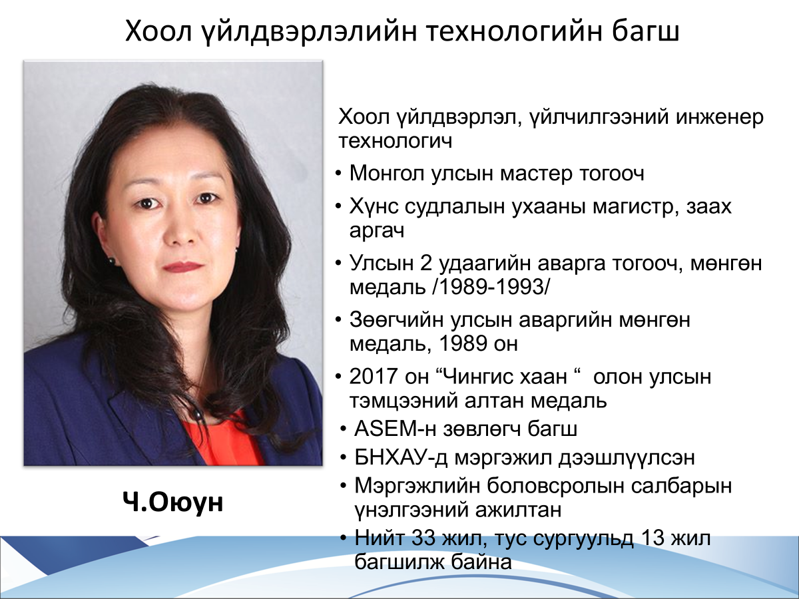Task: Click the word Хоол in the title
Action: (158, 32)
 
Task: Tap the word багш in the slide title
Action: (645, 32)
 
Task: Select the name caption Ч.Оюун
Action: (172, 502)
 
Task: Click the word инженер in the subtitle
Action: (720, 117)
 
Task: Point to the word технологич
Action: (396, 142)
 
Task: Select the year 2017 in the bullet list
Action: (373, 376)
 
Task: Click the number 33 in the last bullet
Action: (423, 538)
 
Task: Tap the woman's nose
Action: (181, 231)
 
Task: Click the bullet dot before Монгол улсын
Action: (338, 174)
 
